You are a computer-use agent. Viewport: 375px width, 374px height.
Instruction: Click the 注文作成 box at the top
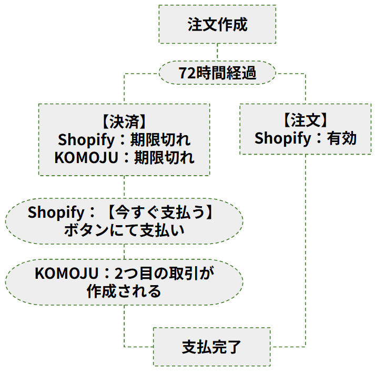tap(217, 25)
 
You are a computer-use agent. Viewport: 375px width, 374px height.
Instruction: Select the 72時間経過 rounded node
tap(217, 73)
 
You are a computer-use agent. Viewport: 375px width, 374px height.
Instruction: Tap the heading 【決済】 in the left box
tap(124, 122)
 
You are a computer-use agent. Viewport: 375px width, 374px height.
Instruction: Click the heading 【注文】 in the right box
tap(306, 120)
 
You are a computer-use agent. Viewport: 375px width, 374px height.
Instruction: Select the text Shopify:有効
tap(306, 138)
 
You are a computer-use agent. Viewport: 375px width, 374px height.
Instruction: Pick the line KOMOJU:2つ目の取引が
tap(124, 273)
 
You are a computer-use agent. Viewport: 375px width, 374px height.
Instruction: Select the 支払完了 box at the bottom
tap(211, 347)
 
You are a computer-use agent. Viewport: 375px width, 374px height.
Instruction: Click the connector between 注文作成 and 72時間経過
tap(217, 53)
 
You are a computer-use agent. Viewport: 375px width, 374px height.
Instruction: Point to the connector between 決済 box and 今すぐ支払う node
tap(124, 187)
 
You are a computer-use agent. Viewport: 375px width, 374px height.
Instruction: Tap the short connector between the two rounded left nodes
tap(124, 251)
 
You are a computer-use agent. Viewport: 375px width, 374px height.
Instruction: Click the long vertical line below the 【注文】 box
tap(306, 247)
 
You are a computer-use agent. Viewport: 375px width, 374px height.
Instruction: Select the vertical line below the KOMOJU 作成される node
tap(124, 324)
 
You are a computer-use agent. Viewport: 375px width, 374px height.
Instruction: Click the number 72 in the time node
tap(186, 73)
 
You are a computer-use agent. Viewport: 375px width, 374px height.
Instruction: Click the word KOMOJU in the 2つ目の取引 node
tap(67, 273)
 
